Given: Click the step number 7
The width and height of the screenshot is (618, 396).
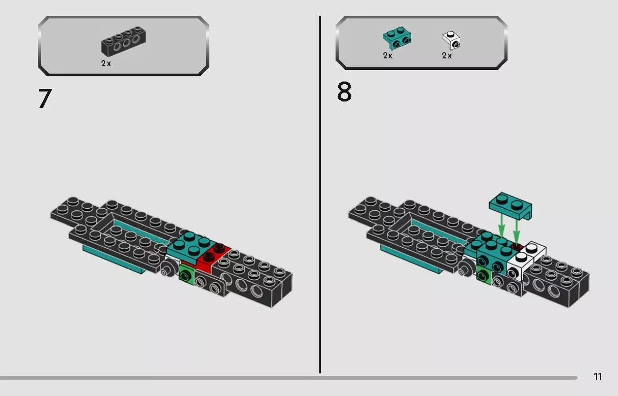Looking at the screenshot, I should [45, 99].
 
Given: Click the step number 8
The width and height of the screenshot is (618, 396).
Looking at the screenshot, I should [344, 93].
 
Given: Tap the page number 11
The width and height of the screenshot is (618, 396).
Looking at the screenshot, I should [597, 377].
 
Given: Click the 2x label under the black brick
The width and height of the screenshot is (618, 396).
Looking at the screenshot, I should [106, 63].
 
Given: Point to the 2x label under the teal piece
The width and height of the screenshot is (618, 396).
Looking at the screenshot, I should [388, 56].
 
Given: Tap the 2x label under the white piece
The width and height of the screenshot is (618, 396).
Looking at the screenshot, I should [447, 56].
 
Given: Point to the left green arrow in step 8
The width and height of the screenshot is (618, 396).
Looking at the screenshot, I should [501, 227].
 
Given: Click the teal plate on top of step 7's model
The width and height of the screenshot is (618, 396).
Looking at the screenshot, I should [188, 243].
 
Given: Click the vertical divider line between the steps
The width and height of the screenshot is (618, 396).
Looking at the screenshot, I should [320, 195].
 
